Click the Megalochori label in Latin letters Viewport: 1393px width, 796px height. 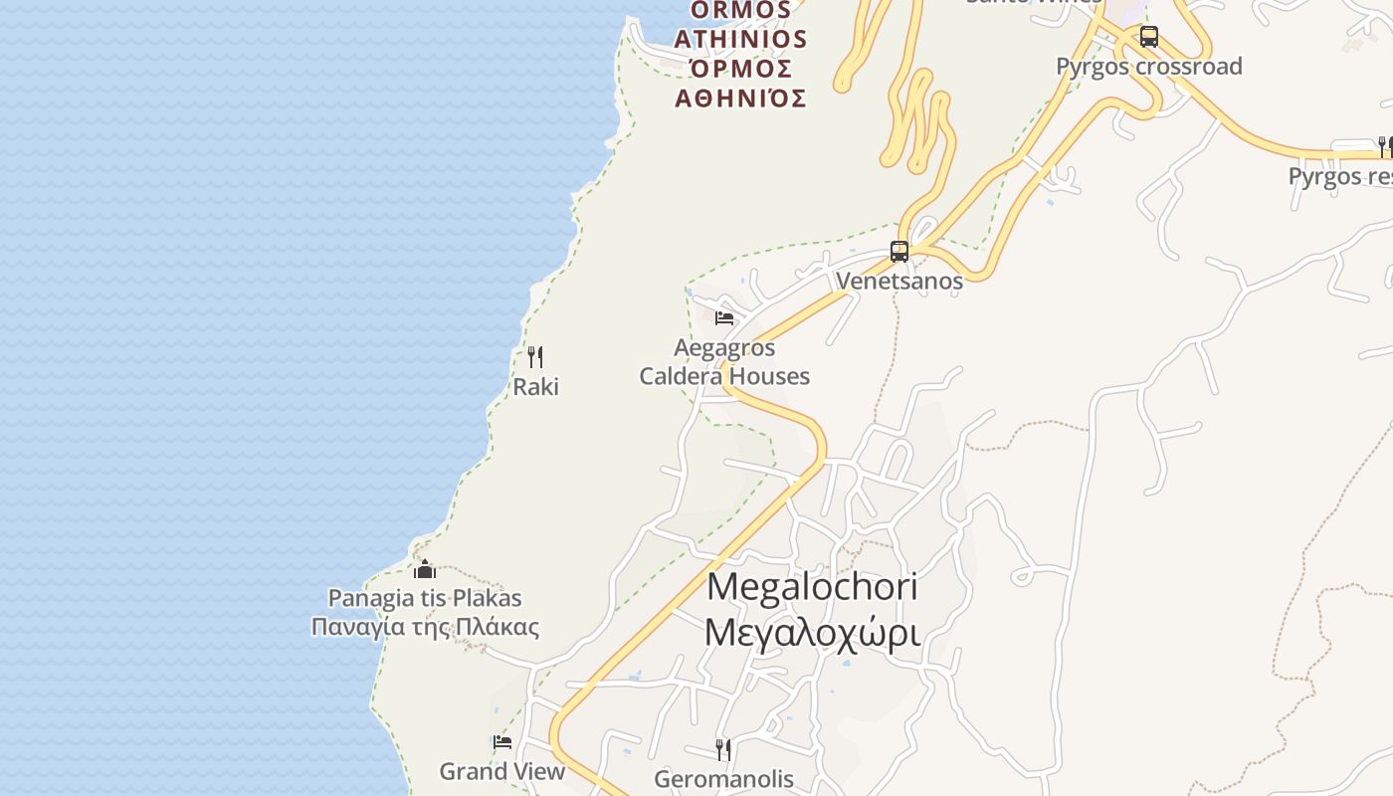812,587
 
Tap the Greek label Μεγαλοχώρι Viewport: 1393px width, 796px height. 812,633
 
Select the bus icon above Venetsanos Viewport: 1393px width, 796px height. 899,252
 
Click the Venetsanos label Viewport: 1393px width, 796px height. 899,281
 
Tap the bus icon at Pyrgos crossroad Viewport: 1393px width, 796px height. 1149,38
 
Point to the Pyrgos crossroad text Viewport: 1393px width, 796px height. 1149,67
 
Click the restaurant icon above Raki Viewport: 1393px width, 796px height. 535,357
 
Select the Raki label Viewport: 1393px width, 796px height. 535,387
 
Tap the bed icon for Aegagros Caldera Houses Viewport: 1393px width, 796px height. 724,318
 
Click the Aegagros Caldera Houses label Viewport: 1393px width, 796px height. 724,362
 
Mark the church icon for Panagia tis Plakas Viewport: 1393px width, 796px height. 425,569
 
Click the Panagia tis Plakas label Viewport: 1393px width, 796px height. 425,598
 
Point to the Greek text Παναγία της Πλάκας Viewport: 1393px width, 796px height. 425,628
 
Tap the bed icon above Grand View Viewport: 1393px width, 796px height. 502,742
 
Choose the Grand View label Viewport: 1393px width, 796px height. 502,771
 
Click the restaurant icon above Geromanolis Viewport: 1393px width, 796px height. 723,749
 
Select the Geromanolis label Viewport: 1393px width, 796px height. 723,778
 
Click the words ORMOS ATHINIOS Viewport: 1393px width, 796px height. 740,25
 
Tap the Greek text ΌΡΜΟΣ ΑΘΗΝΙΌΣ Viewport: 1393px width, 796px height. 740,84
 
